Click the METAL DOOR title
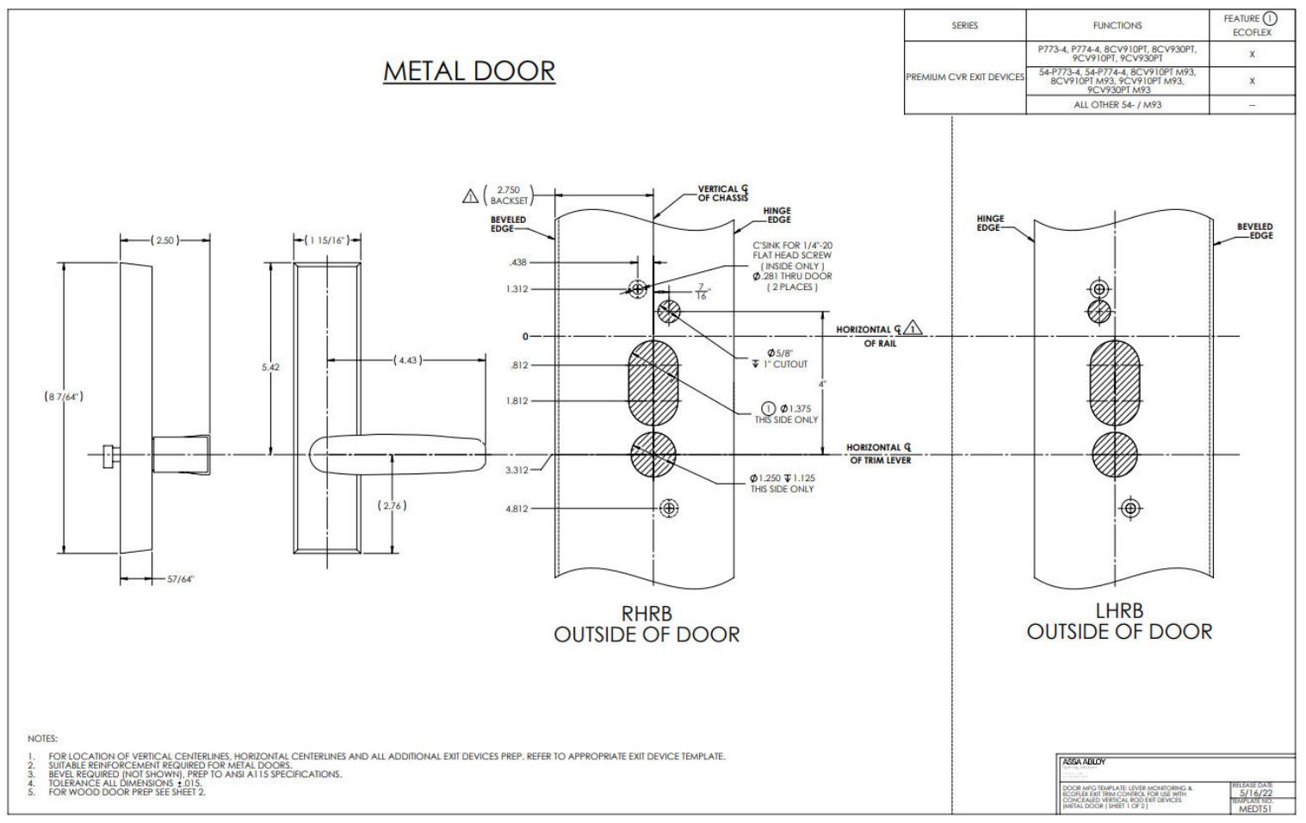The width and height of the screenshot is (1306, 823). click(x=469, y=71)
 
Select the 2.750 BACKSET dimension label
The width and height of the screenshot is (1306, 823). click(x=508, y=195)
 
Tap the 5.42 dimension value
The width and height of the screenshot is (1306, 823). click(x=270, y=368)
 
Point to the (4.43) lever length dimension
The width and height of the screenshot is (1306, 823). click(x=407, y=360)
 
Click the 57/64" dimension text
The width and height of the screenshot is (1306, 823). click(x=181, y=579)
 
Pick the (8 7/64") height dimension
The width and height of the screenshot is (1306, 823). click(x=64, y=397)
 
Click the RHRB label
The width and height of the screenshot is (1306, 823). click(x=647, y=614)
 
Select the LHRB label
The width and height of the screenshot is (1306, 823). click(x=1119, y=611)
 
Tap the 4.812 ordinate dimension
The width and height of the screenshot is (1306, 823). click(x=517, y=509)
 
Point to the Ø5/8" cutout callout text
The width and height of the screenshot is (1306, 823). click(x=780, y=358)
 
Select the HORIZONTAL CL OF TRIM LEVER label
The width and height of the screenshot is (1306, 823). click(x=878, y=454)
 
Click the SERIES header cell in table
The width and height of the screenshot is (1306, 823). click(x=964, y=26)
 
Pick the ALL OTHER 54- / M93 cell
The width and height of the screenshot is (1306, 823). click(x=1117, y=105)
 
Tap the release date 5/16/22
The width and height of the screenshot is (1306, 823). click(x=1253, y=794)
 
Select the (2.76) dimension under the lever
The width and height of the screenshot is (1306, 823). click(x=392, y=505)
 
